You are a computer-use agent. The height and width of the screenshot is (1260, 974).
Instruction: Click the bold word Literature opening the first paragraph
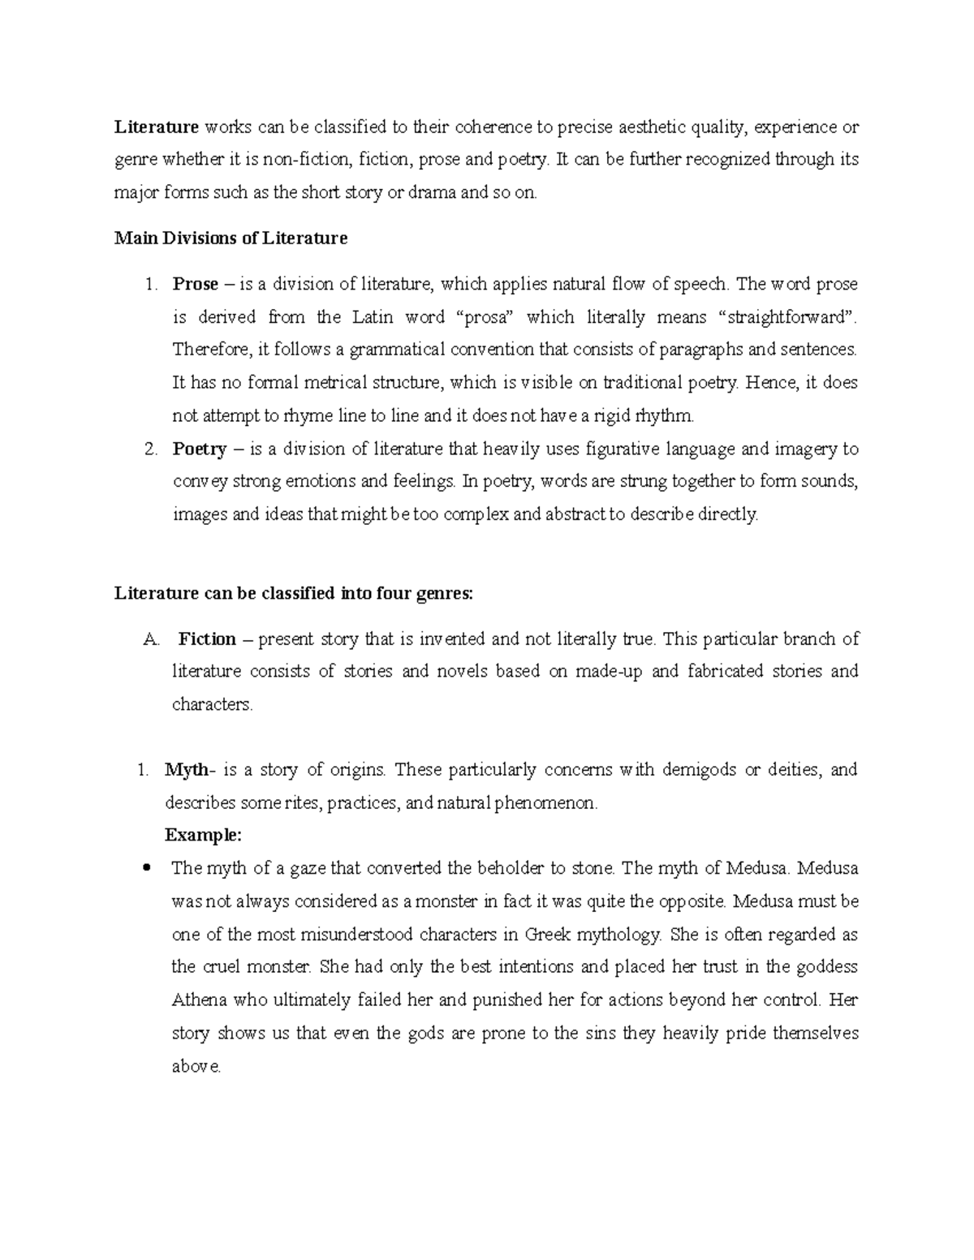pyautogui.click(x=156, y=127)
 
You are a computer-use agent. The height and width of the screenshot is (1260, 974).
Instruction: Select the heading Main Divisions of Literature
pyautogui.click(x=231, y=238)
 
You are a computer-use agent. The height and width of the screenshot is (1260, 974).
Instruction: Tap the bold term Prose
pyautogui.click(x=195, y=284)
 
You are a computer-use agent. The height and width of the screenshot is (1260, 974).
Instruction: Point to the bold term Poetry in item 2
pyautogui.click(x=199, y=449)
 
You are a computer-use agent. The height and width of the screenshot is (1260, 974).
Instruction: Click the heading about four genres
pyautogui.click(x=293, y=593)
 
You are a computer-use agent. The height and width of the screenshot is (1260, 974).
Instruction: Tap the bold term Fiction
pyautogui.click(x=207, y=639)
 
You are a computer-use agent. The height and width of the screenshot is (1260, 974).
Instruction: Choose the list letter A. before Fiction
pyautogui.click(x=152, y=639)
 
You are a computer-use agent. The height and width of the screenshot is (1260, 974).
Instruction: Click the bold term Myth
pyautogui.click(x=185, y=769)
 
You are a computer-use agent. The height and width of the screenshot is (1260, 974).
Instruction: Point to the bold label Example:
pyautogui.click(x=203, y=835)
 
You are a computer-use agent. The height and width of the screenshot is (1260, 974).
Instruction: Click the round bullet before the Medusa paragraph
pyautogui.click(x=147, y=868)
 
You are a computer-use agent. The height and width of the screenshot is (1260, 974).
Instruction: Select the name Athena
pyautogui.click(x=199, y=1000)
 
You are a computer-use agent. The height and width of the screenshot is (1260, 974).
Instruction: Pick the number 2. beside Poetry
pyautogui.click(x=150, y=449)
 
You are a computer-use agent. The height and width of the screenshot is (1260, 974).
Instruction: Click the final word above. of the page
pyautogui.click(x=196, y=1067)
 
